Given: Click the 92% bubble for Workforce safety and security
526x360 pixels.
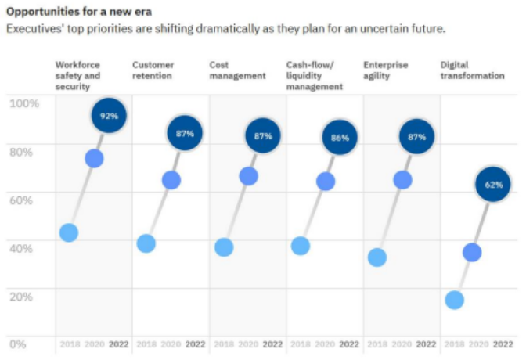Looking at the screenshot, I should [108, 117].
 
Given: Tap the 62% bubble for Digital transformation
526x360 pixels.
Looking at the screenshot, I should [493, 185].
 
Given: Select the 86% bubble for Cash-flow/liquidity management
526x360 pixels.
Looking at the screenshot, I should [340, 138].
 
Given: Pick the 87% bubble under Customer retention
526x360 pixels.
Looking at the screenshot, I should [185, 134].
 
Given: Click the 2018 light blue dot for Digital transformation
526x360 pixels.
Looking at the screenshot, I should [454, 300].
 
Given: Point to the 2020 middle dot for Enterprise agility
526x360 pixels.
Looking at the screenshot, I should [403, 180].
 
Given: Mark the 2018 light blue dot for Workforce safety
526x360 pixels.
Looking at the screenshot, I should [69, 232].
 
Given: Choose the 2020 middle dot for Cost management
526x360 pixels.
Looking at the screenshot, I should [249, 176].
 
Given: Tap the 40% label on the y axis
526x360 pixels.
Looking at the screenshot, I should [22, 248].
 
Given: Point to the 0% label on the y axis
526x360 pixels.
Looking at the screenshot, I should [17, 344].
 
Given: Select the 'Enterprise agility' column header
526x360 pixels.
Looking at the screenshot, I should [386, 70].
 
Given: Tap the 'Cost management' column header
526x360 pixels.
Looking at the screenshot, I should [238, 70].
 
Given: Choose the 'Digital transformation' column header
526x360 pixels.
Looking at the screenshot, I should [473, 70].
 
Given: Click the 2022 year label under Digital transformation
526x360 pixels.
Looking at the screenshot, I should [504, 344].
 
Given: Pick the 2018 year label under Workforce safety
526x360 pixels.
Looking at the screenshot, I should [69, 344].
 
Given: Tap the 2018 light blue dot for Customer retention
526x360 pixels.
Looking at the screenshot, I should [146, 243].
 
